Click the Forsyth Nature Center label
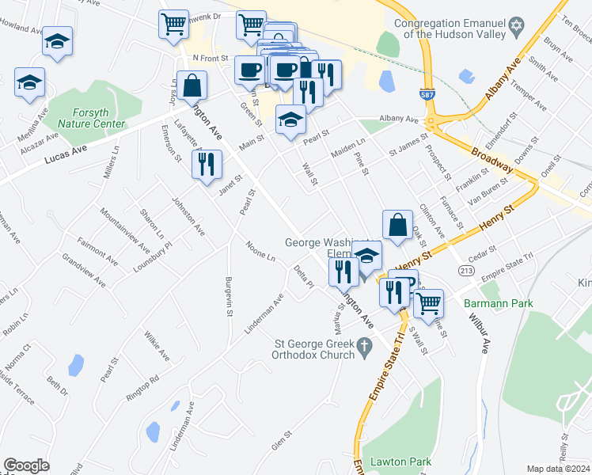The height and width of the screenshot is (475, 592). [92, 118]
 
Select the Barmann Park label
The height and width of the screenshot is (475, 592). [499, 303]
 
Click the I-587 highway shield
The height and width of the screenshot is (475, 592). [427, 93]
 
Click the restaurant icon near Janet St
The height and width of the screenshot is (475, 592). [207, 164]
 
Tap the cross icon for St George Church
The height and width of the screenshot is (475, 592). [365, 345]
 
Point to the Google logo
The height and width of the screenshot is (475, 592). [26, 465]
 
